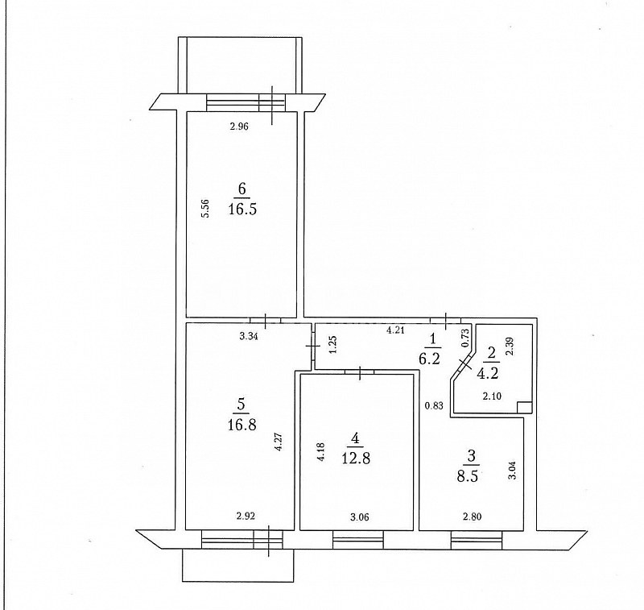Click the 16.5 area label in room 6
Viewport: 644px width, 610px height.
[242, 210]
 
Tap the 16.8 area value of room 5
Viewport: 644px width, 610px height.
[242, 424]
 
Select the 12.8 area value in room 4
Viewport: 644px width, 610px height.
[356, 458]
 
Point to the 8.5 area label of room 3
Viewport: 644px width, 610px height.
[468, 476]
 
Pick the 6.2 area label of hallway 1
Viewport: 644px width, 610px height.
[430, 359]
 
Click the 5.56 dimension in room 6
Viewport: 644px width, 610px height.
[207, 209]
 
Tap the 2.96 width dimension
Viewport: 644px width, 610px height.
[239, 127]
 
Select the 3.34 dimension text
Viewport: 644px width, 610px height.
[249, 337]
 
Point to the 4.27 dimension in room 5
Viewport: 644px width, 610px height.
[279, 442]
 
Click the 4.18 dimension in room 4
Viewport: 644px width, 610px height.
[321, 451]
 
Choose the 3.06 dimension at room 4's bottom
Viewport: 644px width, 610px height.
[359, 517]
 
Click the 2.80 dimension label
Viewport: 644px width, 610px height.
[472, 517]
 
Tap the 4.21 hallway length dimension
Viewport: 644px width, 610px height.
[395, 330]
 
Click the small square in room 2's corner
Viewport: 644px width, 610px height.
[525, 408]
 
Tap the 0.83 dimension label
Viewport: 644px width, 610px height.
[434, 405]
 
